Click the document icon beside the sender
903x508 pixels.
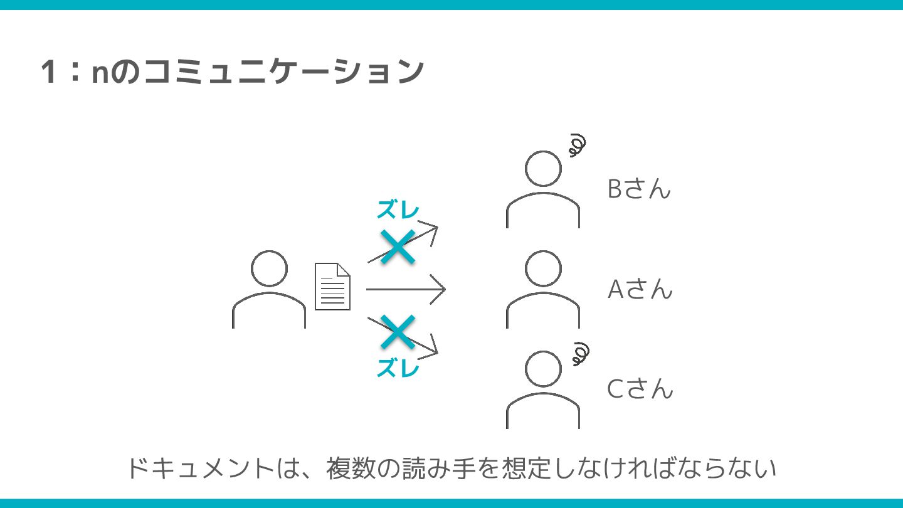[x=332, y=287]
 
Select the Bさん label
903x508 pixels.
[x=639, y=189]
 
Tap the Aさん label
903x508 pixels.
[x=640, y=289]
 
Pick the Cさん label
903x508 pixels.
[x=640, y=389]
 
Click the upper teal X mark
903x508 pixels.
[x=398, y=246]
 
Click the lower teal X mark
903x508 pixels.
[x=398, y=332]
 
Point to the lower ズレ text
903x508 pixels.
[x=398, y=369]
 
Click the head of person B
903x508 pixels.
[x=543, y=169]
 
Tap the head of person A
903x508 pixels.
[x=543, y=269]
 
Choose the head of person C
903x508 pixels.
[x=543, y=369]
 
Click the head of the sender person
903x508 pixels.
[x=269, y=269]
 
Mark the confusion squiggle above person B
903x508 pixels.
[x=577, y=146]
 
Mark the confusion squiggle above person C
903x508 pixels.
[x=581, y=354]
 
